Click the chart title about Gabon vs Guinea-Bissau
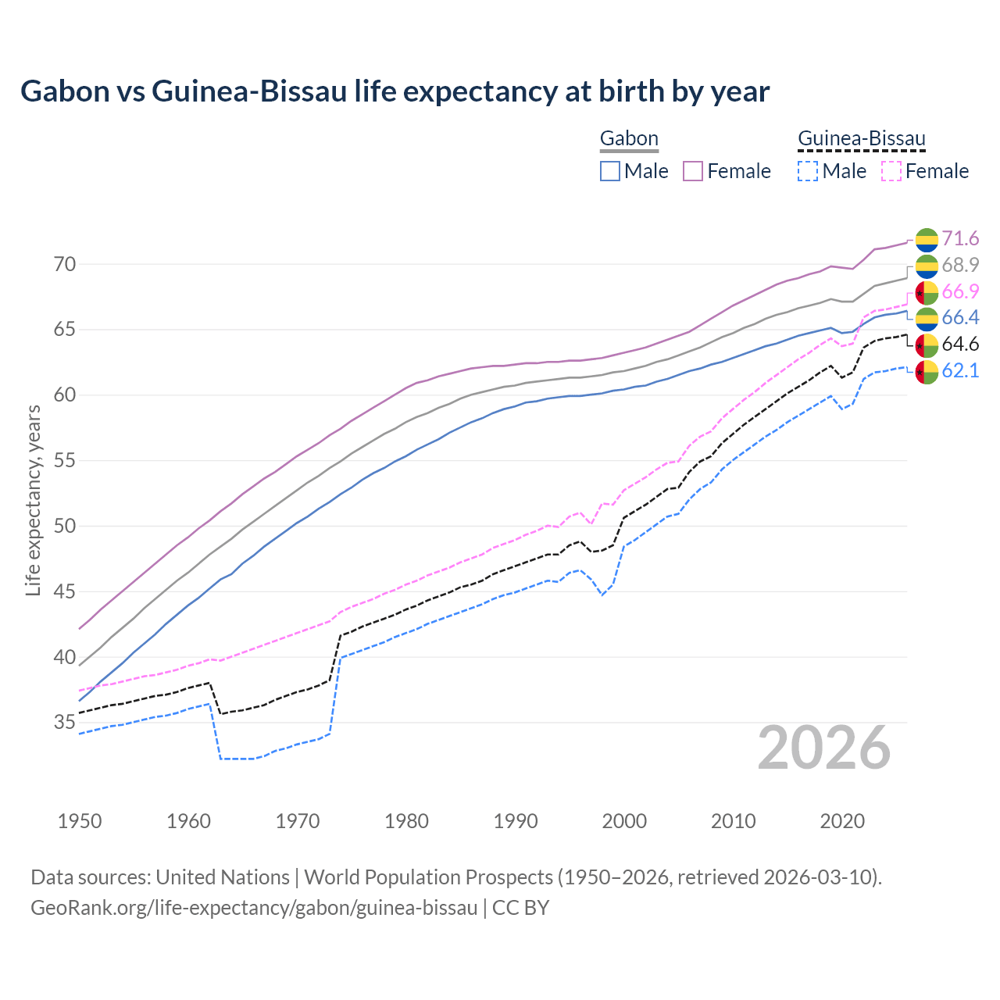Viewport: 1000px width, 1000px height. point(395,91)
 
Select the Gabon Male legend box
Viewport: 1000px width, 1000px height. point(610,171)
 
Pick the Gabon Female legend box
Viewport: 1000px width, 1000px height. point(694,171)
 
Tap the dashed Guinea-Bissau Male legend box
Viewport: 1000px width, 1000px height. point(808,171)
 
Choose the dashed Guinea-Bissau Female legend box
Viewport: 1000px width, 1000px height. point(891,171)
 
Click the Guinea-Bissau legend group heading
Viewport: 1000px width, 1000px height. point(861,139)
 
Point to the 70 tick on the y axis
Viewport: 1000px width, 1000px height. point(65,264)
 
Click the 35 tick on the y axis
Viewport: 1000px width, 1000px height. point(65,723)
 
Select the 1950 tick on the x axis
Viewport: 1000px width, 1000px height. point(80,821)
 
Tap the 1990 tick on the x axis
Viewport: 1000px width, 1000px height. point(516,821)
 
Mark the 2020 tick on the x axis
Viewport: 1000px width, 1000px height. point(842,821)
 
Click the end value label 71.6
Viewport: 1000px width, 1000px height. point(960,238)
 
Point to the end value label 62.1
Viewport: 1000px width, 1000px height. point(960,370)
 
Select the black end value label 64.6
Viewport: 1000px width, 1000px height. point(960,344)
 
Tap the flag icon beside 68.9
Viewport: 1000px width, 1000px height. point(927,266)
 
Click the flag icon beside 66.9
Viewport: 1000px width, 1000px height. point(927,292)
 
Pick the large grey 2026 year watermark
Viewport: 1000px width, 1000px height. point(824,748)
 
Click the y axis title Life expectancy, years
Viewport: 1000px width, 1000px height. point(33,500)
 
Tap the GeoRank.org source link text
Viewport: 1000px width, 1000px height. point(254,908)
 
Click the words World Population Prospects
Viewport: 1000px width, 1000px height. point(427,877)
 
